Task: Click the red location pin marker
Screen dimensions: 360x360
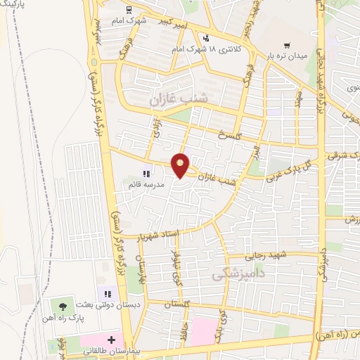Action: (x=181, y=166)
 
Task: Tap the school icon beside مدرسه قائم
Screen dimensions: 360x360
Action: (x=146, y=173)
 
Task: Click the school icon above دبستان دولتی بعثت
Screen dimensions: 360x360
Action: (x=106, y=294)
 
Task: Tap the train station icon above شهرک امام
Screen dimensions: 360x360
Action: (x=128, y=10)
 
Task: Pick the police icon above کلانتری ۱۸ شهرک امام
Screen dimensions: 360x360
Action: (x=205, y=38)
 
